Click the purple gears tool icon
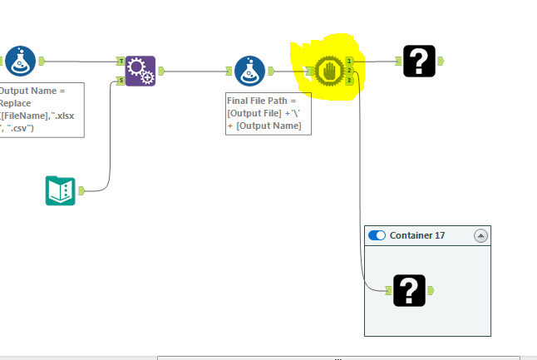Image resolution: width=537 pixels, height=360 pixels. point(140,72)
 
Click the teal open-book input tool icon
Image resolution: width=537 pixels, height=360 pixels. point(60,190)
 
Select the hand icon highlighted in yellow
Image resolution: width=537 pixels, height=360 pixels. point(329,72)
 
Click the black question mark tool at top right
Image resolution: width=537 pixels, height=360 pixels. point(419,61)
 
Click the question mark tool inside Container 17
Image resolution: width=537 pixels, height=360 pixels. point(409,290)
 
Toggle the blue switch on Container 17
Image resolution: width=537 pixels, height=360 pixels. point(377,235)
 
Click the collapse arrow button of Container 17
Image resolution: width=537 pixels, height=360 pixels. point(480,235)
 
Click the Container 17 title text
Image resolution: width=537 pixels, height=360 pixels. point(417,235)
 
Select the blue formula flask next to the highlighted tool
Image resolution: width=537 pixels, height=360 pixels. point(249,72)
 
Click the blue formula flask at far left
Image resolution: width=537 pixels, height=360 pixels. point(20,61)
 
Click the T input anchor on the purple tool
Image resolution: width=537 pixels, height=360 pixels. point(121,62)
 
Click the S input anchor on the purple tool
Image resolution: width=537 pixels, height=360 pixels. point(121,81)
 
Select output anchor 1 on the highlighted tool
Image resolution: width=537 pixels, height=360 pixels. point(350,61)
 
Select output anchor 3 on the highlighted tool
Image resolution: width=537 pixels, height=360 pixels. point(350,81)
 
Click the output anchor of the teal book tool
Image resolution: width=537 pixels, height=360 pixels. point(81,190)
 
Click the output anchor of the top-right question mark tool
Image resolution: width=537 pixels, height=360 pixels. point(441,61)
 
